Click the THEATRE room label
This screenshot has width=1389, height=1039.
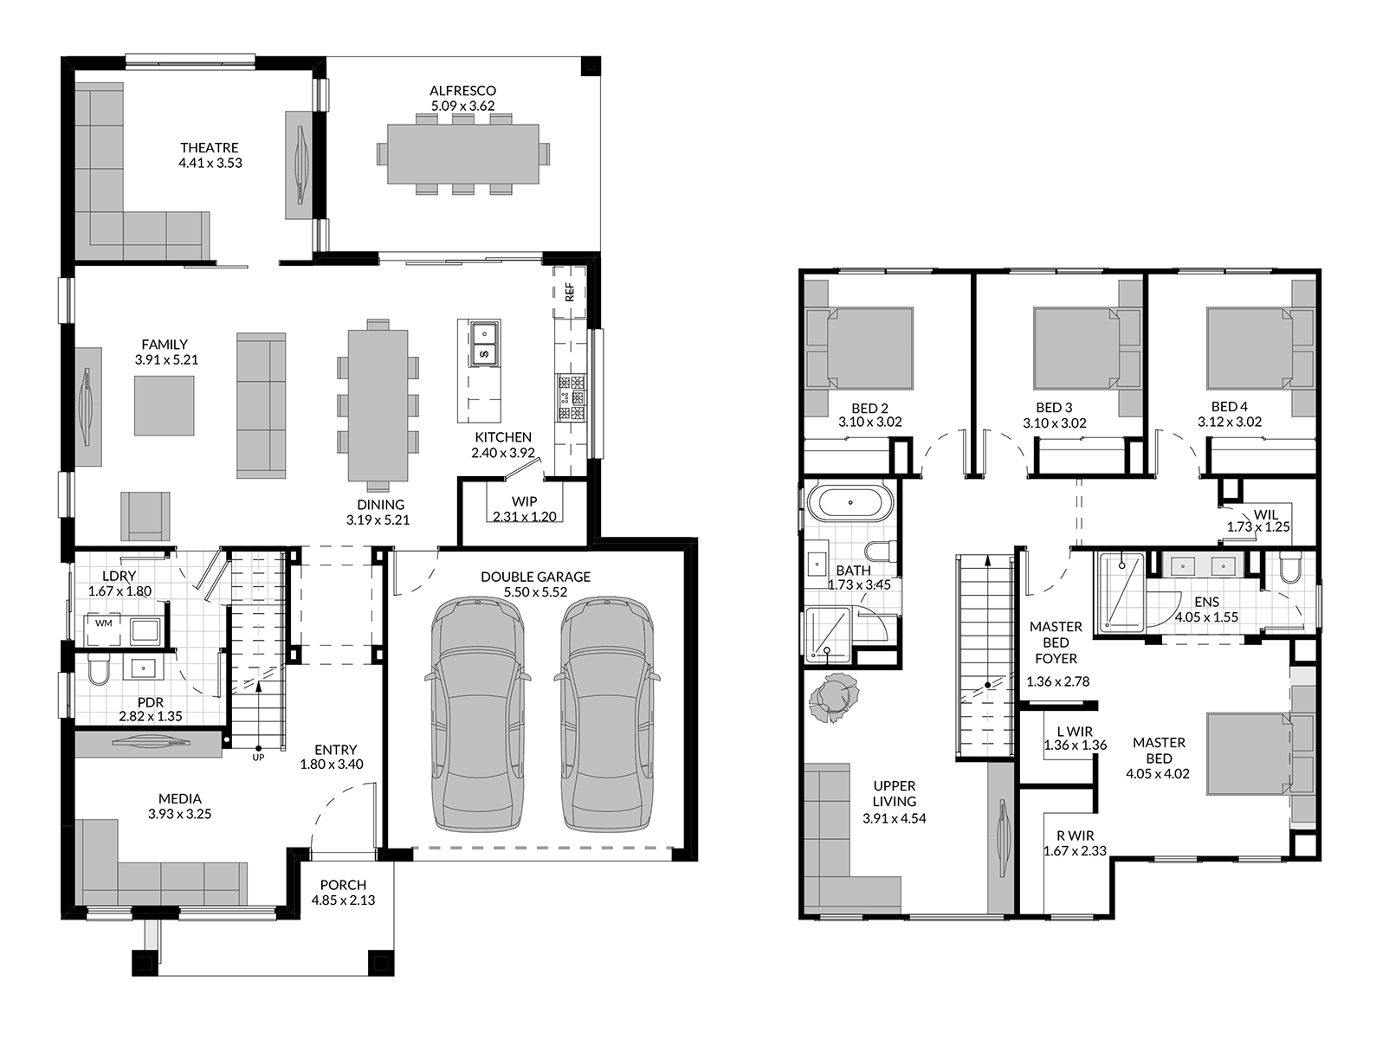pos(209,147)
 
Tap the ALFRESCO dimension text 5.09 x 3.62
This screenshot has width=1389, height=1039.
pos(462,106)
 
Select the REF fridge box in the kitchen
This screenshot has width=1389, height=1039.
pos(570,292)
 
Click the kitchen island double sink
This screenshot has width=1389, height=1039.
pos(484,343)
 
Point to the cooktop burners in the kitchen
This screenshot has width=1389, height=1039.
pos(572,398)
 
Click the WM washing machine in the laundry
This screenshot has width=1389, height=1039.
pos(104,629)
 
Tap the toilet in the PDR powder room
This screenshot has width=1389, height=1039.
pos(98,669)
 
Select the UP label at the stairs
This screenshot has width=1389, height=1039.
pos(258,757)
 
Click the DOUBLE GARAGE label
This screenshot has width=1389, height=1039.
pos(535,577)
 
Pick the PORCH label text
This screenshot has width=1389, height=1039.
pos(343,885)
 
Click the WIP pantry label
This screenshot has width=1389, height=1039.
pos(524,501)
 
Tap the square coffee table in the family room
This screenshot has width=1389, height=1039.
pos(164,405)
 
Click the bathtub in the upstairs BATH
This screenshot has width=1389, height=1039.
pos(850,503)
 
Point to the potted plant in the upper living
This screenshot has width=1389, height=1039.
pos(833,697)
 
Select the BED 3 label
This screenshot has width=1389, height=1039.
pos(1054,408)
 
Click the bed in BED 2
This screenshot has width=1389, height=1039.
pos(869,348)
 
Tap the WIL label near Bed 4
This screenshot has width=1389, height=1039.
pos(1266,514)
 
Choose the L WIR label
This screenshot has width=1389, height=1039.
pos(1075,732)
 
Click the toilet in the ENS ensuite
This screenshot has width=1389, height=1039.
pos(1289,568)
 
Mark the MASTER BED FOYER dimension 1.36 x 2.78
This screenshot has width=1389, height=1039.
pos(1057,681)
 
